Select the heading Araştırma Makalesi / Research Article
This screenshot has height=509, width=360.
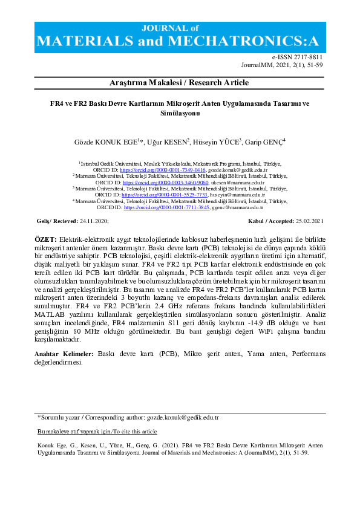180,82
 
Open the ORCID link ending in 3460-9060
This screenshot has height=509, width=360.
166,182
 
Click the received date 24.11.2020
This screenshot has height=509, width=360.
93,222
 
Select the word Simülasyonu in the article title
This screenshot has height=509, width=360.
179,112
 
